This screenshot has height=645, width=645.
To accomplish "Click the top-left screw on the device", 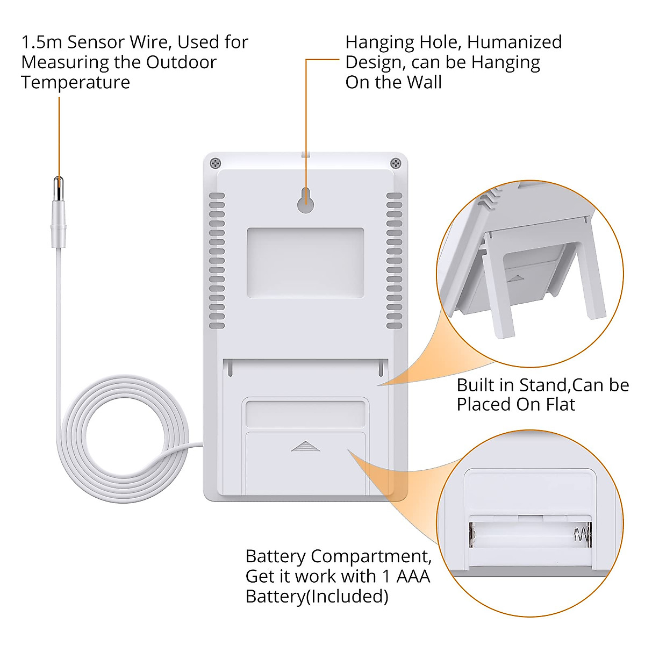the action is pyautogui.click(x=216, y=163).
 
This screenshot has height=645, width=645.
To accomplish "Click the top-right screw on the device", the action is pyautogui.click(x=396, y=163).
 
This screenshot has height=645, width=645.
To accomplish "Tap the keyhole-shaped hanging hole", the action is pyautogui.click(x=305, y=200).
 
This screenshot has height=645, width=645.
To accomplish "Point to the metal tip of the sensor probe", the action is pyautogui.click(x=59, y=189).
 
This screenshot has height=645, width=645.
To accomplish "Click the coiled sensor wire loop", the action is pyautogui.click(x=125, y=439).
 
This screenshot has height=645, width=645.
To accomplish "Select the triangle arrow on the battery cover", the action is pyautogui.click(x=305, y=446).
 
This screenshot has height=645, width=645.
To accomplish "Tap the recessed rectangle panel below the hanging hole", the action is pyautogui.click(x=305, y=263).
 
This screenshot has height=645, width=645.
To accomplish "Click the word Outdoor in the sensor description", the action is pyautogui.click(x=181, y=62).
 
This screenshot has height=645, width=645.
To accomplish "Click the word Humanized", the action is pyautogui.click(x=514, y=42).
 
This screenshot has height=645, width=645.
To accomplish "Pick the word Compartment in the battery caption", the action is pyautogui.click(x=371, y=557).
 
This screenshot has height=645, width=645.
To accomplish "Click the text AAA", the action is pyautogui.click(x=413, y=576).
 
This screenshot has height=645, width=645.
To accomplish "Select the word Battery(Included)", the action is pyautogui.click(x=317, y=597).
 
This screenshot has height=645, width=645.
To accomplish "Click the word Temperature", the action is pyautogui.click(x=76, y=83).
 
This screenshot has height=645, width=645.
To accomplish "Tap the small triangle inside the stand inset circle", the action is pyautogui.click(x=516, y=278).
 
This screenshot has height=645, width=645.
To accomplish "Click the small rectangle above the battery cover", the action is pyautogui.click(x=305, y=414).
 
